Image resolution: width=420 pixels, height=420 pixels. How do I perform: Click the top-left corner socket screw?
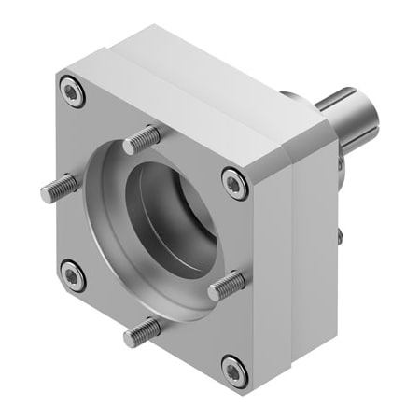tap(72, 91)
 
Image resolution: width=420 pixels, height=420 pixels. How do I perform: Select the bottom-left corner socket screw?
tap(72, 276)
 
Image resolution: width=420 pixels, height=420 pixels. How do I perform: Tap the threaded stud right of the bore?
tap(225, 285)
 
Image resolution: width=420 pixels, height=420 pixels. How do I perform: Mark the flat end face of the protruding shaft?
tap(367, 119)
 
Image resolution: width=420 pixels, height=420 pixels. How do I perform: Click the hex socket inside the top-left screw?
tap(72, 91)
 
